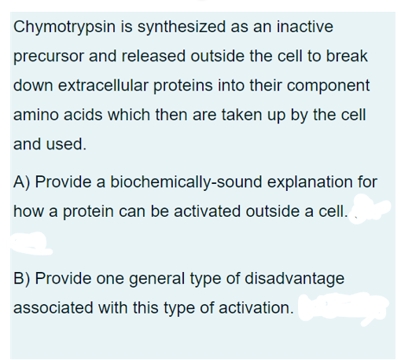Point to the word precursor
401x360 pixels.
48,57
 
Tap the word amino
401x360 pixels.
36,115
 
